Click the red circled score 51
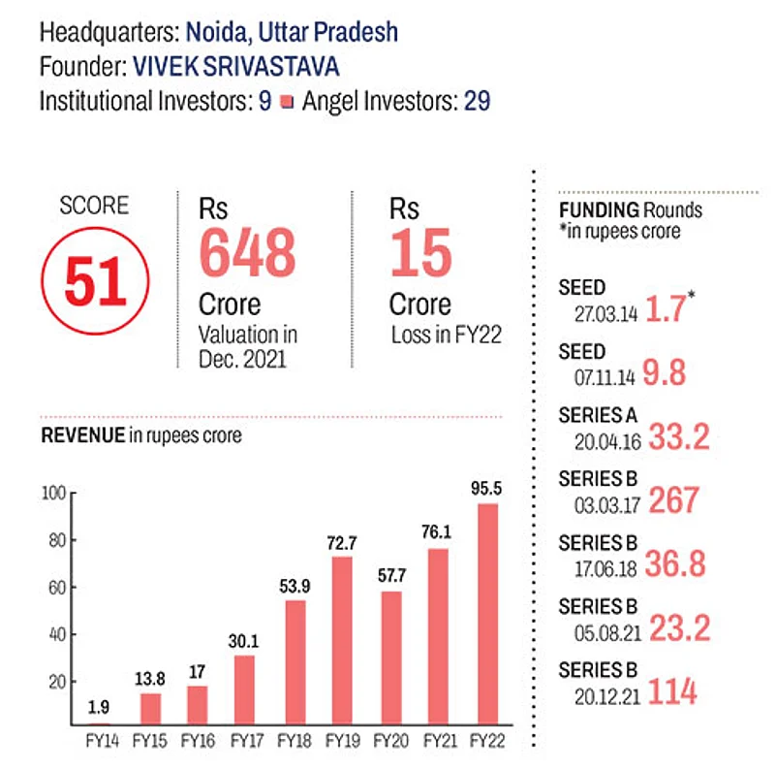point(96,278)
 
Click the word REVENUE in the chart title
point(81,436)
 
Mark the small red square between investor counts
point(286,102)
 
